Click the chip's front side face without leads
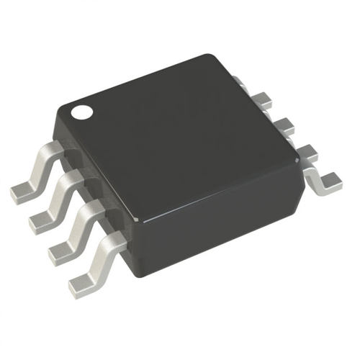[x=216, y=230]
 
